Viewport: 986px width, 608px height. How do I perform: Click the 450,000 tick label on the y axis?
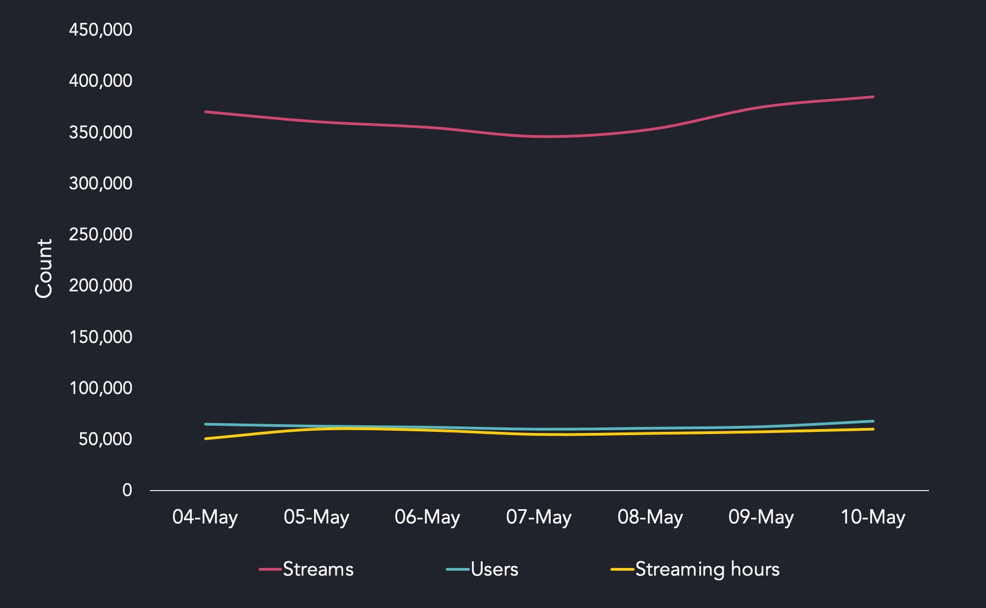pos(100,30)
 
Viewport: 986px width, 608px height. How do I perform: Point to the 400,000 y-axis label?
pos(100,81)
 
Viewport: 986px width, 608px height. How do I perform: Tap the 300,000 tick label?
pos(100,183)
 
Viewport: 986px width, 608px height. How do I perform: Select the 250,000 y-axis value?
pos(100,234)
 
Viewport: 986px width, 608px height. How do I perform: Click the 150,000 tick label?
pos(100,337)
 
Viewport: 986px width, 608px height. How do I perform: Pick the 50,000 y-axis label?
pos(105,439)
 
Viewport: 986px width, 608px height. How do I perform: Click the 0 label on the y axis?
pos(127,490)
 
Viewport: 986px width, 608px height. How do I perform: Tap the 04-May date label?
pos(205,517)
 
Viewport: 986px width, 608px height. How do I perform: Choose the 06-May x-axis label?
pos(427,517)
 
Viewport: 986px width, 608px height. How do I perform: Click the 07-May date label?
pos(539,517)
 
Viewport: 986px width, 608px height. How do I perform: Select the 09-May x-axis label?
pos(761,517)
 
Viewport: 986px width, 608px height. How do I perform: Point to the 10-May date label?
pos(873,517)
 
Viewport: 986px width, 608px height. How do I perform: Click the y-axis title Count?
pos(44,268)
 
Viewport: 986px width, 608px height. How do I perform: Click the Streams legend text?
pos(318,570)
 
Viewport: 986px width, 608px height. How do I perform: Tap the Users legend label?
pos(494,570)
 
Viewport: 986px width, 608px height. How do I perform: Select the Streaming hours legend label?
pos(707,570)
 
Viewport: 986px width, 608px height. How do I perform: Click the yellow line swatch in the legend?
pos(623,570)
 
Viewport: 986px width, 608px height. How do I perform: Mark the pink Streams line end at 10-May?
pos(873,97)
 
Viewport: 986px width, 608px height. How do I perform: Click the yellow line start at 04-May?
pos(205,438)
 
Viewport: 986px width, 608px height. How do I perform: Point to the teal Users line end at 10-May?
pos(873,421)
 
